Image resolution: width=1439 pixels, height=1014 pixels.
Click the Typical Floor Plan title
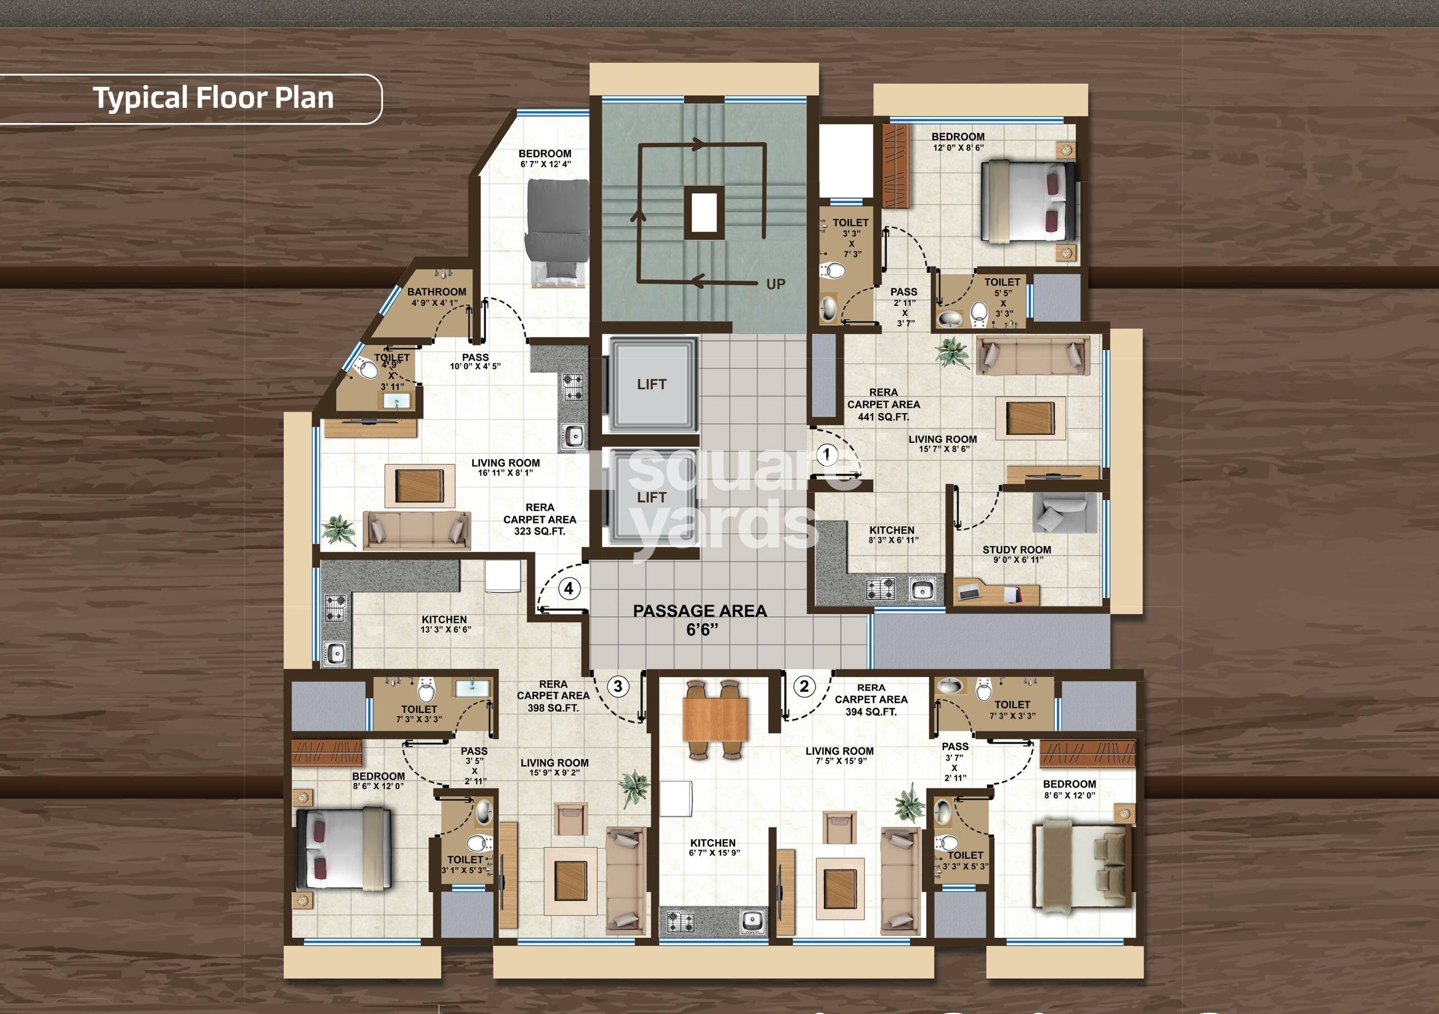point(213,98)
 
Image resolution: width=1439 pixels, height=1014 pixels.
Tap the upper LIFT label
point(651,384)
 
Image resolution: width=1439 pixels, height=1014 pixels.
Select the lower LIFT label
point(651,497)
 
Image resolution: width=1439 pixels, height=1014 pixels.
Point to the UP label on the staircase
point(775,284)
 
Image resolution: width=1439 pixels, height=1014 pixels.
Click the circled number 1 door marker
point(827,454)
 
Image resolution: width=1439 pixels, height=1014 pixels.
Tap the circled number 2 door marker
point(804,686)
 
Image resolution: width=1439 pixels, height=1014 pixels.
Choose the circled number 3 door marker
point(618,686)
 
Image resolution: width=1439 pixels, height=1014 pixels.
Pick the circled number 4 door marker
point(568,588)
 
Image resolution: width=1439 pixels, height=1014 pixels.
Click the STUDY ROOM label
point(1016,550)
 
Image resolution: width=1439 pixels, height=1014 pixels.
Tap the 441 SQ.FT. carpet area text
point(883,417)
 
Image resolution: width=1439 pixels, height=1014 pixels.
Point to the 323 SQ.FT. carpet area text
point(539,531)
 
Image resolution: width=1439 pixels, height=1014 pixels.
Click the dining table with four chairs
point(715,719)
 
